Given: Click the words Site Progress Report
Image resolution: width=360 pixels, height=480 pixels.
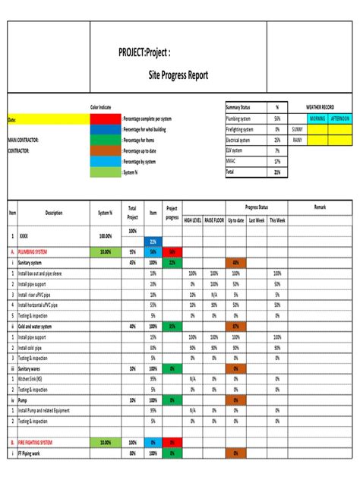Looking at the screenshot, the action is tap(178, 76).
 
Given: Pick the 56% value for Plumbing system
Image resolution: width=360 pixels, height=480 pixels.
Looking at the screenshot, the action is tap(277, 119).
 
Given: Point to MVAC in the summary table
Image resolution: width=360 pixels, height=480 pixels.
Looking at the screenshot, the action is tap(232, 161).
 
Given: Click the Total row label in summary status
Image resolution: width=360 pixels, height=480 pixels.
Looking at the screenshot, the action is tap(230, 172).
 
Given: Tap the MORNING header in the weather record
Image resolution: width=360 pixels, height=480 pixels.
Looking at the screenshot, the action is tap(317, 119).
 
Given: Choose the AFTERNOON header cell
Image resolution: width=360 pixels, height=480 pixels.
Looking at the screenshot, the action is tap(339, 119).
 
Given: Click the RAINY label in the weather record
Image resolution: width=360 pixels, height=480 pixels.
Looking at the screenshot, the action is tap(297, 141).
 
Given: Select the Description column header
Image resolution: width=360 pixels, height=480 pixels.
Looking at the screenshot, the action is tap(54, 213).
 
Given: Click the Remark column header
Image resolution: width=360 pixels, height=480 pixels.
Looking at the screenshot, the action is tap(319, 207).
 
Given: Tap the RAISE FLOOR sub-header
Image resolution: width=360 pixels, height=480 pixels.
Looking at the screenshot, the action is tap(214, 219).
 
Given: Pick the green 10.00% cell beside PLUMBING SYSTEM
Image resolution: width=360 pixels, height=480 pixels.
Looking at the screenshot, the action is tap(105, 251).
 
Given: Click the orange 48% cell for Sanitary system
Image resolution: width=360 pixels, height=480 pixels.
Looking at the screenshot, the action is tap(236, 262).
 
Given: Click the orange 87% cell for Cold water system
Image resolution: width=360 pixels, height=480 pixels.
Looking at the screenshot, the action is tap(236, 326).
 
